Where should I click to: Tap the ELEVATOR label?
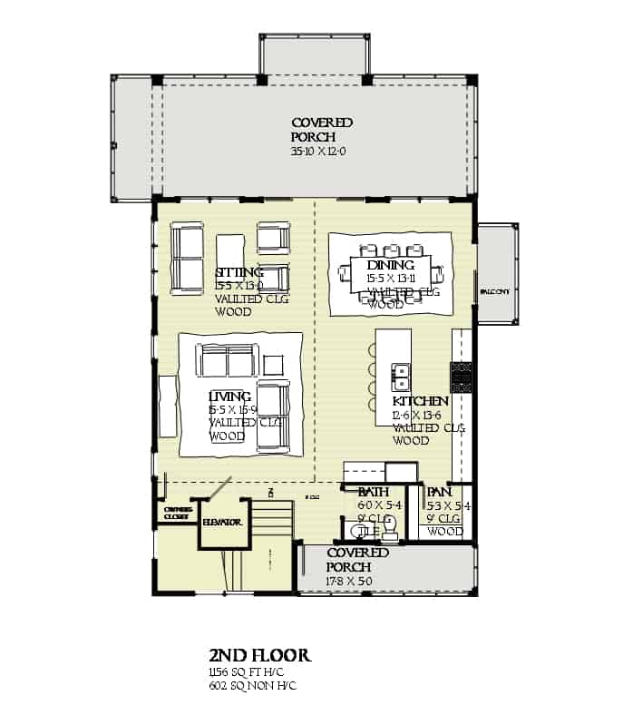click(221, 523)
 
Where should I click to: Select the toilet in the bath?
click(389, 525)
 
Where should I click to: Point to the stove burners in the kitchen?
click(462, 377)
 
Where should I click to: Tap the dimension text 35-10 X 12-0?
click(322, 150)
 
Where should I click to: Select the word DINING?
click(391, 265)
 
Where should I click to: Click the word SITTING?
click(239, 272)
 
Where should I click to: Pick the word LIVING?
click(229, 397)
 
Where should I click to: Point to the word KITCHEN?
click(420, 400)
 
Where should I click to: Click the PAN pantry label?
click(439, 493)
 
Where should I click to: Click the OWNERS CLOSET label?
click(177, 513)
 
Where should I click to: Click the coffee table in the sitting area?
click(231, 250)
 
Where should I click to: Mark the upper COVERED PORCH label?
click(322, 129)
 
